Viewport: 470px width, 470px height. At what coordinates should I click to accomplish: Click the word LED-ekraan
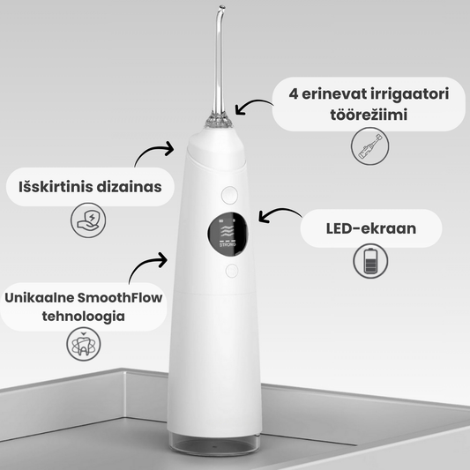(370, 228)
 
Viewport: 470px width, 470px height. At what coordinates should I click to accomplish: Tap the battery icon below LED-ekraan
(370, 261)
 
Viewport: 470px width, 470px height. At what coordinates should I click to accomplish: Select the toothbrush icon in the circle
(369, 146)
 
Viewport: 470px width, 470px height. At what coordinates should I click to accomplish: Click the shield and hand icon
(88, 220)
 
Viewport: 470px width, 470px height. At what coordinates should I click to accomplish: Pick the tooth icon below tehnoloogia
(83, 344)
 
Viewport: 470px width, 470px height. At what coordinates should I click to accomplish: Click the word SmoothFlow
(120, 298)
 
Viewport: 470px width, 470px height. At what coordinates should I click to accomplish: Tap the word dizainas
(130, 187)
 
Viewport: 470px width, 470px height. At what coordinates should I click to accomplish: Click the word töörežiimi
(369, 115)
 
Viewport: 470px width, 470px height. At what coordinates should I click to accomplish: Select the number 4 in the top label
(294, 93)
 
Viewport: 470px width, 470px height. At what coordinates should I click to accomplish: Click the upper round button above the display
(229, 195)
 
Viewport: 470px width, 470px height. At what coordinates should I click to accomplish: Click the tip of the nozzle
(222, 6)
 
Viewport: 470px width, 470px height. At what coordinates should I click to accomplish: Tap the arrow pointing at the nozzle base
(252, 103)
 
